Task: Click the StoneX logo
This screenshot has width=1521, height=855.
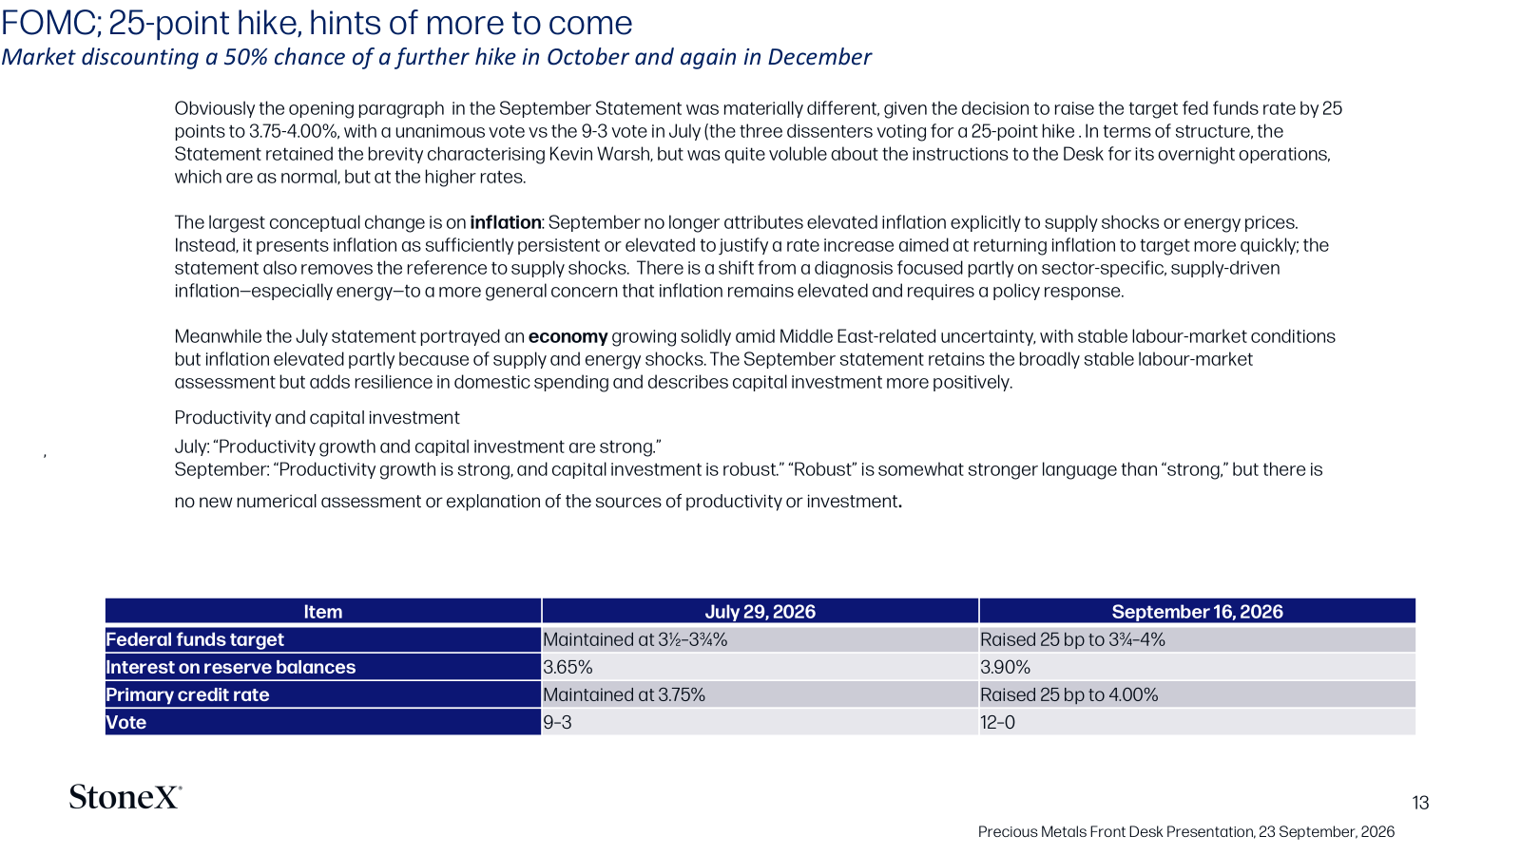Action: coord(125,797)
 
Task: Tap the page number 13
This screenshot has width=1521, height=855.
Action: coord(1420,804)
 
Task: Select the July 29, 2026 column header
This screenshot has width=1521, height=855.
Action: coord(760,612)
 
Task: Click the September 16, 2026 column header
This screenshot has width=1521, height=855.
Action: coord(1197,612)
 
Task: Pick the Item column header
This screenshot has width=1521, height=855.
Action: coord(322,612)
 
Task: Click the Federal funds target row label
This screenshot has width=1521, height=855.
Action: coord(195,639)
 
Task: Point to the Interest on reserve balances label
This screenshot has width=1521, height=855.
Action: coord(231,667)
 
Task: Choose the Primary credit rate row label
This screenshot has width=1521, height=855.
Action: coord(187,694)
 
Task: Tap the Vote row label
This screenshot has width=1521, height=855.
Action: coord(126,722)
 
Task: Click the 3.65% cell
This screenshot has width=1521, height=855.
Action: coord(568,667)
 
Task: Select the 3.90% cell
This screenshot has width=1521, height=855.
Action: coord(1005,667)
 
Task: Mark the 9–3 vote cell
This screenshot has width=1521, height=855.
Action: coord(557,722)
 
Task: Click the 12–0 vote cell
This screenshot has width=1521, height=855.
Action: coord(997,722)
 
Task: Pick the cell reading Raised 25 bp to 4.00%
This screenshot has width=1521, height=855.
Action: coord(1069,694)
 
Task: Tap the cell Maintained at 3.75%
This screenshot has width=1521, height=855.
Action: coord(624,694)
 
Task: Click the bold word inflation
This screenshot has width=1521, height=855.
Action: coord(505,222)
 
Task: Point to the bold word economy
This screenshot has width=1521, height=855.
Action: coord(568,336)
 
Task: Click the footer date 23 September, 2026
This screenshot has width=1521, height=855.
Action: coord(1326,832)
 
